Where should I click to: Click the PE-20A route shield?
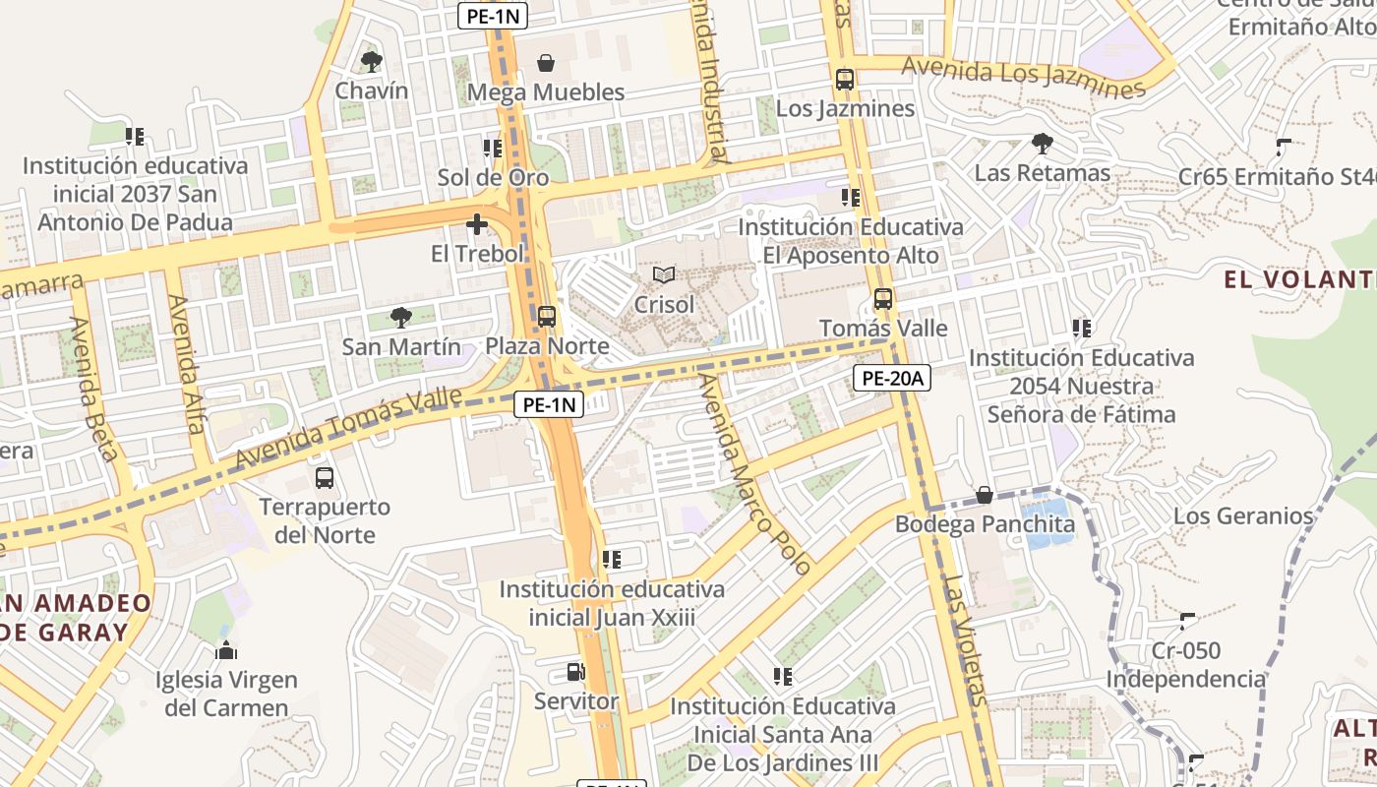point(891,378)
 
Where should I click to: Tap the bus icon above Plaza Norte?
point(546,317)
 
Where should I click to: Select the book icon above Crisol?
point(664,274)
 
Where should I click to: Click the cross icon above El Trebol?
point(477,224)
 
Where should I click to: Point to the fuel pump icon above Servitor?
point(576,673)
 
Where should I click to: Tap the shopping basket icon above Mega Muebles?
point(545,63)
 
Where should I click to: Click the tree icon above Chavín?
point(371,62)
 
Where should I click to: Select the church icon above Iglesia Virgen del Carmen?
point(226,651)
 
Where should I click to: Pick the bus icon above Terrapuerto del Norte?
point(325,479)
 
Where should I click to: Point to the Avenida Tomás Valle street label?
point(348,429)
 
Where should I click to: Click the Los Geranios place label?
point(1243,515)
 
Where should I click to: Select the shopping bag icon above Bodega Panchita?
point(984,495)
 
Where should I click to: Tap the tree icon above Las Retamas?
point(1042,145)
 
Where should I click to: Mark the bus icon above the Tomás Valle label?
point(883,299)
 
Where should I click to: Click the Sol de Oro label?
point(493,178)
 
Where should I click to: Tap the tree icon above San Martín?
point(400,317)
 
